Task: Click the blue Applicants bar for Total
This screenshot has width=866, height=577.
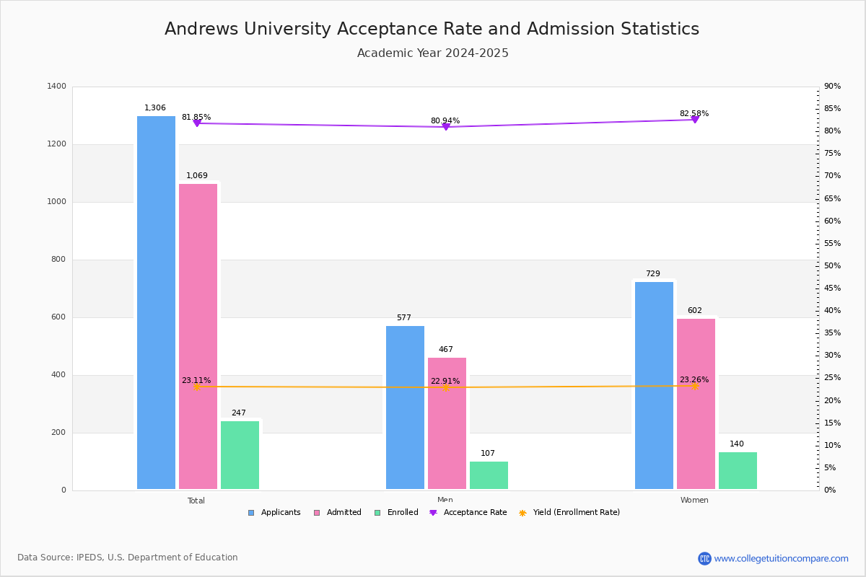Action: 156,303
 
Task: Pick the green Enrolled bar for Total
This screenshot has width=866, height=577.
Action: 240,455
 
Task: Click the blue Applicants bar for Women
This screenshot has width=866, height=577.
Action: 654,386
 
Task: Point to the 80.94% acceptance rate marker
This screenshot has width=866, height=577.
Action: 445,127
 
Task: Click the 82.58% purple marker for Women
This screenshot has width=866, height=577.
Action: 695,120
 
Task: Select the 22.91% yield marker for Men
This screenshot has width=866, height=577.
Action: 445,387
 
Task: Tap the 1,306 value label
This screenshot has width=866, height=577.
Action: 155,108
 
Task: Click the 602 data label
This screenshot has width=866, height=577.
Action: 694,311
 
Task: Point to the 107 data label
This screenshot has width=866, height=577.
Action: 488,454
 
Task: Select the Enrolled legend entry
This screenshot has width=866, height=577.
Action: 396,513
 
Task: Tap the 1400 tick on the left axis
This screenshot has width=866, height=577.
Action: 56,87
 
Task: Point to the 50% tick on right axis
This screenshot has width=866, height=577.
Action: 832,266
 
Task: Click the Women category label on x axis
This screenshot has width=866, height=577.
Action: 694,501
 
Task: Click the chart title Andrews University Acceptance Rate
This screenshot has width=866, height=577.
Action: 432,30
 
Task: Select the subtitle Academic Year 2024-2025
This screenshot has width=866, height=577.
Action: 432,53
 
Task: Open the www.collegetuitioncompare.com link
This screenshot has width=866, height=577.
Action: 781,558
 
